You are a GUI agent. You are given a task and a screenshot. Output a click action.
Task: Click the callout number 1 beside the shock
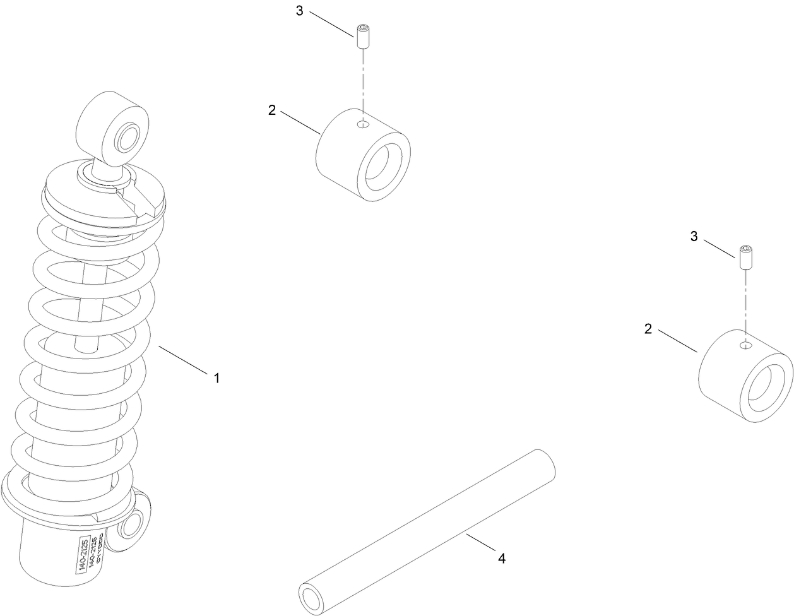(216, 378)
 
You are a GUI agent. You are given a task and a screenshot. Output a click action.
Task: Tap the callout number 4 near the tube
(501, 558)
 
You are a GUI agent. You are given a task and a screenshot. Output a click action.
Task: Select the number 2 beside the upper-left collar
(272, 110)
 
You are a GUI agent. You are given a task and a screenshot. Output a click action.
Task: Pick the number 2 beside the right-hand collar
(648, 329)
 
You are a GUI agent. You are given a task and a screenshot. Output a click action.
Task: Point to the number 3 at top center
(300, 11)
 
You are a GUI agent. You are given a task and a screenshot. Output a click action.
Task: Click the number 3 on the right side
(694, 237)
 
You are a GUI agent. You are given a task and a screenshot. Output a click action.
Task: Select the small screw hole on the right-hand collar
(745, 345)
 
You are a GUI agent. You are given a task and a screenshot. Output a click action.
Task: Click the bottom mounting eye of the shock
(133, 524)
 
